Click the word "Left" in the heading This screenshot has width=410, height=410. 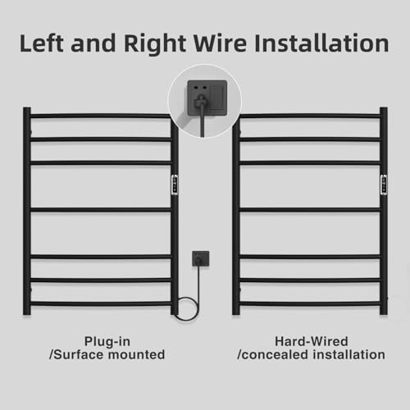pyautogui.click(x=42, y=43)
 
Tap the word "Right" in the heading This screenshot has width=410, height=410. pyautogui.click(x=155, y=44)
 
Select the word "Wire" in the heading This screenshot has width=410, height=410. pyautogui.click(x=220, y=43)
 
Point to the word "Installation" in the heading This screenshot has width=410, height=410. pyautogui.click(x=321, y=43)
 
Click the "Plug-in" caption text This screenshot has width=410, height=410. pyautogui.click(x=107, y=342)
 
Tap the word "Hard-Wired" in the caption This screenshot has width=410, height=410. pyautogui.click(x=312, y=341)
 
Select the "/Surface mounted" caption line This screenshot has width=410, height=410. pyautogui.click(x=107, y=354)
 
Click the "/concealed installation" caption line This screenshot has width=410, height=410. pyautogui.click(x=312, y=354)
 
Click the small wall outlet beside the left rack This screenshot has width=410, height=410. pyautogui.click(x=201, y=259)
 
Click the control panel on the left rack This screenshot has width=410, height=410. pyautogui.click(x=175, y=185)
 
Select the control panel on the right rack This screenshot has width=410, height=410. pyautogui.click(x=384, y=185)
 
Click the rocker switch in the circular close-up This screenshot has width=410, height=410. pyautogui.click(x=217, y=98)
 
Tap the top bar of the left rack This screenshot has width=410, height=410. pyautogui.click(x=101, y=116)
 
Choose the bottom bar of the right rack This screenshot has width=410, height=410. pyautogui.click(x=310, y=303)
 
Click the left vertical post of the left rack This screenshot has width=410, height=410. pyautogui.click(x=27, y=211)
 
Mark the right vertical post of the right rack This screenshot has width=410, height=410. pyautogui.click(x=384, y=211)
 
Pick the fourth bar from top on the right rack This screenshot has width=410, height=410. pyautogui.click(x=310, y=210)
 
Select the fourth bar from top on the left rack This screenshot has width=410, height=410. pyautogui.click(x=101, y=210)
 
